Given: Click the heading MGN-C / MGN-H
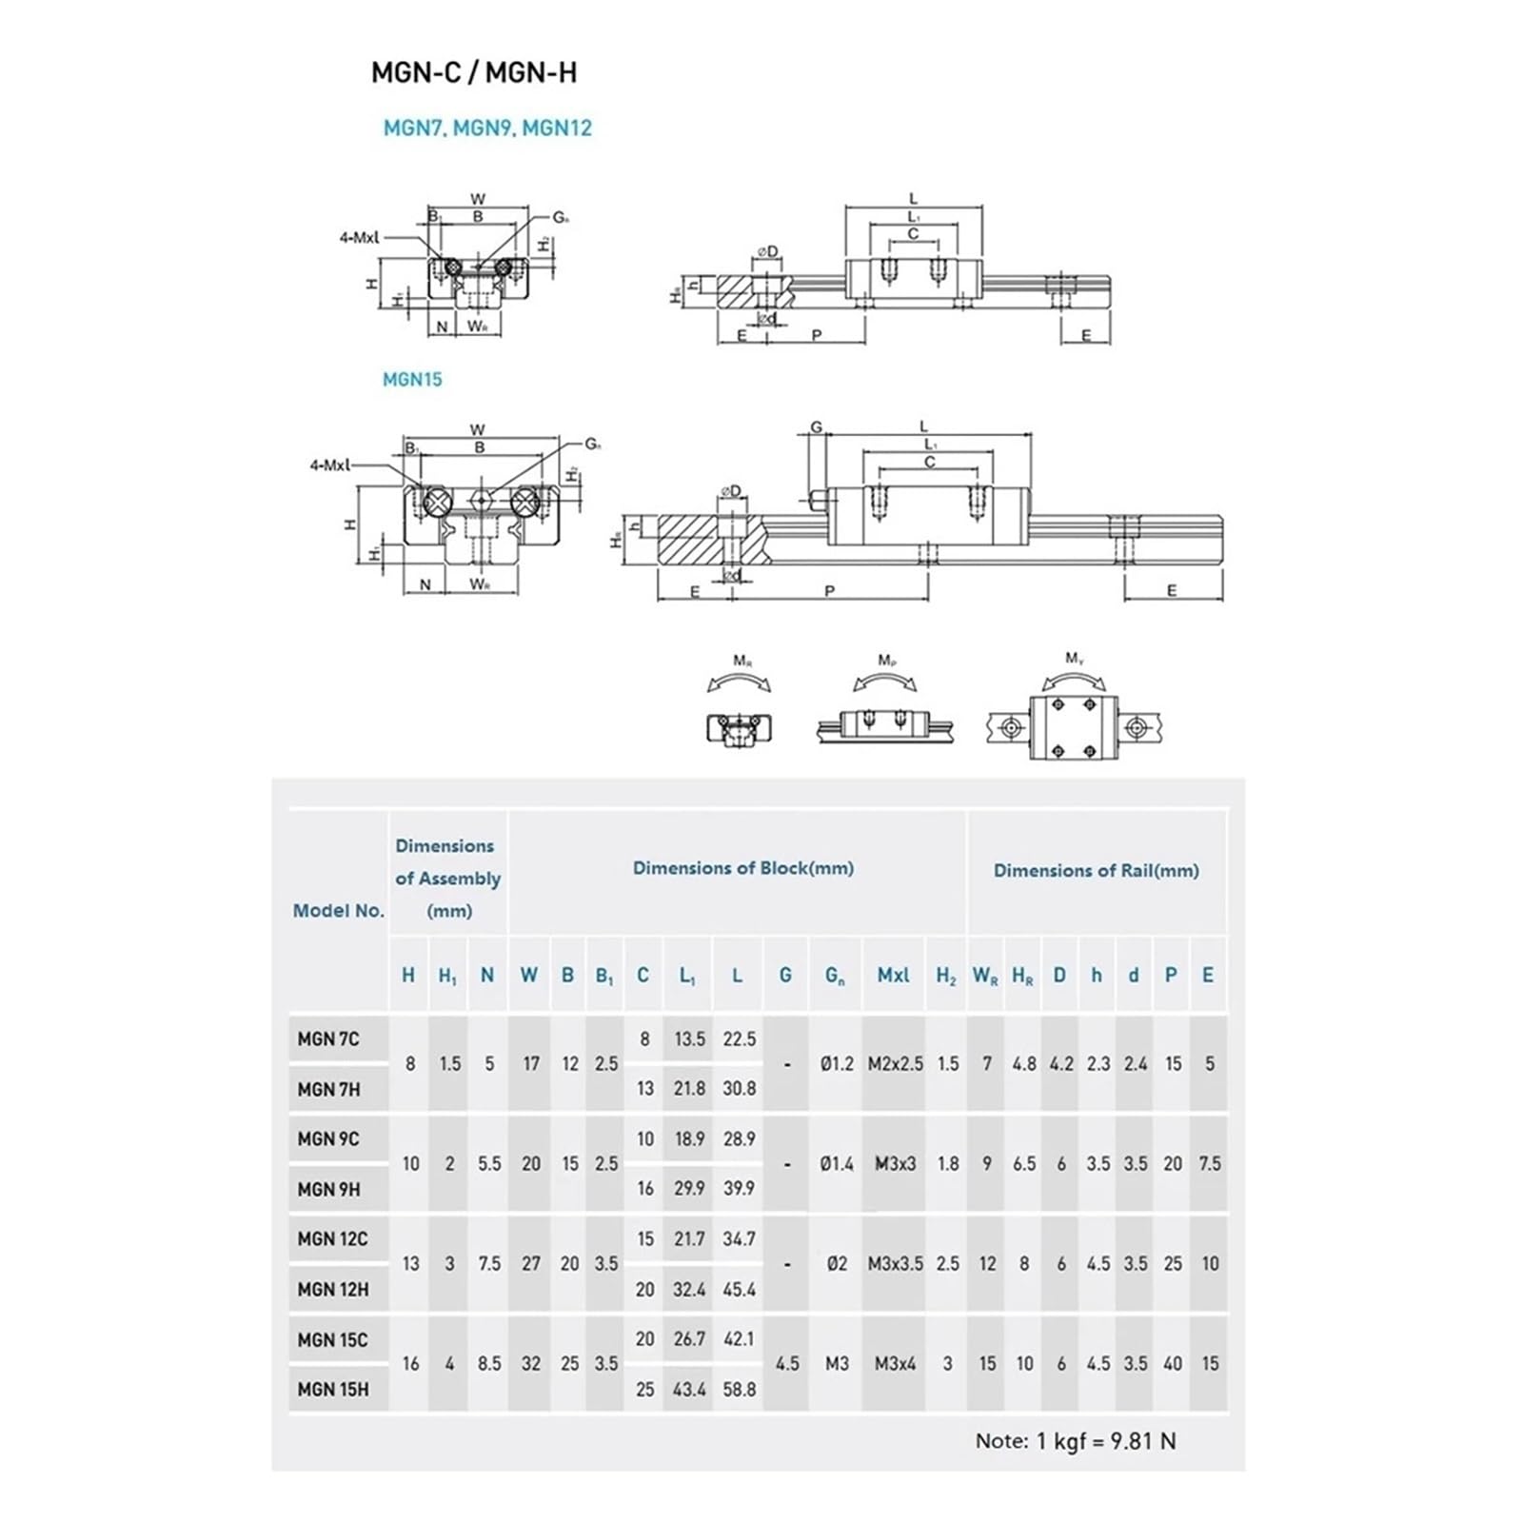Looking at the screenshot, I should click(474, 73).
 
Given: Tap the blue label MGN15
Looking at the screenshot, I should click(412, 379).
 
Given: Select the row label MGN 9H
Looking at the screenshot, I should click(328, 1189).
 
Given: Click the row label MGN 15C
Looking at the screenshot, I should click(332, 1339).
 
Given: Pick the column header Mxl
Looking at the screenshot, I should click(893, 975).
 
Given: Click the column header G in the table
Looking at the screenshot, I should click(785, 975).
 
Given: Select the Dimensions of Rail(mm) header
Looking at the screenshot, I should click(1096, 870).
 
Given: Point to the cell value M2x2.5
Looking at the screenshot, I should click(895, 1064).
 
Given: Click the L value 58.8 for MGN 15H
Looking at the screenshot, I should click(739, 1390).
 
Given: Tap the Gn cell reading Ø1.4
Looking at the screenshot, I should click(837, 1163).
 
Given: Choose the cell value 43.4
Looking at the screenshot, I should click(689, 1390).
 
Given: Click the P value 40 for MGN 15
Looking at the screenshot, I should click(1172, 1364).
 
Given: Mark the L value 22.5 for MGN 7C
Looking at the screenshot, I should click(739, 1039).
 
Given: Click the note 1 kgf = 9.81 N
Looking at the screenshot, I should click(1075, 1441).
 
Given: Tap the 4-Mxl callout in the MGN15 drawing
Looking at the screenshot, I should click(329, 465).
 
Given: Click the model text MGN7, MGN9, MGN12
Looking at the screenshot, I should click(487, 128).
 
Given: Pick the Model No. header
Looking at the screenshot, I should click(338, 910).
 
